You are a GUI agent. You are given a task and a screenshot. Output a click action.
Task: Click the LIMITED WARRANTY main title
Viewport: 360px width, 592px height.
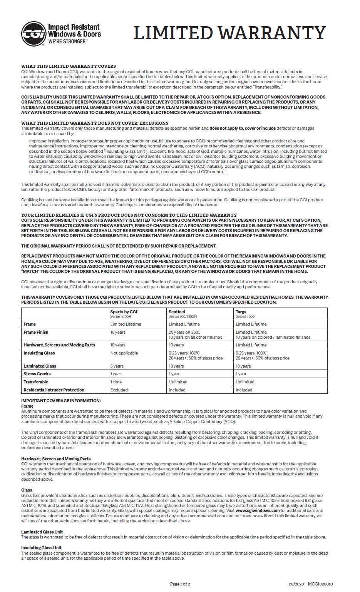point(230,33)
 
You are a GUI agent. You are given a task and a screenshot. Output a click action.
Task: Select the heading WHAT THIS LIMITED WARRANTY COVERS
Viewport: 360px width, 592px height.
point(68,66)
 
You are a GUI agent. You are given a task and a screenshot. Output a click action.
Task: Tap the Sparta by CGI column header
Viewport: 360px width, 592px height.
point(124,311)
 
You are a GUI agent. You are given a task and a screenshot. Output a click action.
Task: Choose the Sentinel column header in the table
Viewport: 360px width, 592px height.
point(177,311)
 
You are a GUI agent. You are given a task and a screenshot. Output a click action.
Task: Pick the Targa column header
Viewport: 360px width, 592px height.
point(241,311)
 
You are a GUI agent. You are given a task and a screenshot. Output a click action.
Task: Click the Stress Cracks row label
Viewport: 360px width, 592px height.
point(37,374)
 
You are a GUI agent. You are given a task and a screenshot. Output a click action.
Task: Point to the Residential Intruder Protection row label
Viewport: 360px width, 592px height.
point(54,390)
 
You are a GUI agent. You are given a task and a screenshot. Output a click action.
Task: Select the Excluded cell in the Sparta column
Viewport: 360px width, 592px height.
point(119,390)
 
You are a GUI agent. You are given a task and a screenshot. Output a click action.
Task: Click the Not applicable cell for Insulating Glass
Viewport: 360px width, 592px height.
point(124,353)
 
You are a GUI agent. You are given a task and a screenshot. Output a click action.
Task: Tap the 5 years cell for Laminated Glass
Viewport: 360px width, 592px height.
point(117,366)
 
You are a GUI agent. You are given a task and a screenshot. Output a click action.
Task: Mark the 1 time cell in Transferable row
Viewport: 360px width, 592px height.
point(116,382)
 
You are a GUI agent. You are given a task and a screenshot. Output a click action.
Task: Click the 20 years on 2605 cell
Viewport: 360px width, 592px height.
point(184,332)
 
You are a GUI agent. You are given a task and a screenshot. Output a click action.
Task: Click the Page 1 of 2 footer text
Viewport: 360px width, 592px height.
point(180,584)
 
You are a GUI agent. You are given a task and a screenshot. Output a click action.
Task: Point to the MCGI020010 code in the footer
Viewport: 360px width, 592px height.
point(320,584)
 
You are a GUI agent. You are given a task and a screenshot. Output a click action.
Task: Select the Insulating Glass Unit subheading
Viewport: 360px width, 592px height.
point(41,548)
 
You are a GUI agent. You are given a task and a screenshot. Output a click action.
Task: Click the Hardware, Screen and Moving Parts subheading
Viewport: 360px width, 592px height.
point(56,459)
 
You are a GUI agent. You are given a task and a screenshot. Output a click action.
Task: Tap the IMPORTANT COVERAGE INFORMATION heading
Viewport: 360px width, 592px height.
point(61,401)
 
